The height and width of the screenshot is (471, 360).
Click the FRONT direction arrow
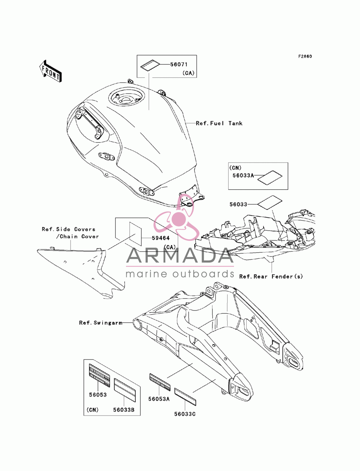(x=50, y=71)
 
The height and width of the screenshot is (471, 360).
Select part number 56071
(x=179, y=64)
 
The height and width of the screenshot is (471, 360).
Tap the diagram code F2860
(x=305, y=56)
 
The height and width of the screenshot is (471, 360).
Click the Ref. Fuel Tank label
(x=219, y=123)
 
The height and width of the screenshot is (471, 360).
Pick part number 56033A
(x=243, y=176)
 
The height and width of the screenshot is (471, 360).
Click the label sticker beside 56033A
(x=270, y=177)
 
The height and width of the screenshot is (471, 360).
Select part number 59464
(x=161, y=238)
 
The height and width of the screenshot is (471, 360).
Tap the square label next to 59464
(x=135, y=234)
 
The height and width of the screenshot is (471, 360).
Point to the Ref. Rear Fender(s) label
(x=271, y=276)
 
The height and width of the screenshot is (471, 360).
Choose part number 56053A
(x=159, y=399)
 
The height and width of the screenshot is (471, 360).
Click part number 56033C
(x=185, y=414)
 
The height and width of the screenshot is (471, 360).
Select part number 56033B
(x=124, y=409)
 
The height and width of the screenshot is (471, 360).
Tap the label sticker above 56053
(x=99, y=376)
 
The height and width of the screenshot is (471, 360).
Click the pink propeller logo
(x=176, y=218)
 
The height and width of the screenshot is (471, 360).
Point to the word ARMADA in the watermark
(x=180, y=255)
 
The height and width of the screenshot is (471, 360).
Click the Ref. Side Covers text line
(x=68, y=229)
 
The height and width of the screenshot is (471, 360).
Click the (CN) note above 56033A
(x=235, y=168)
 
